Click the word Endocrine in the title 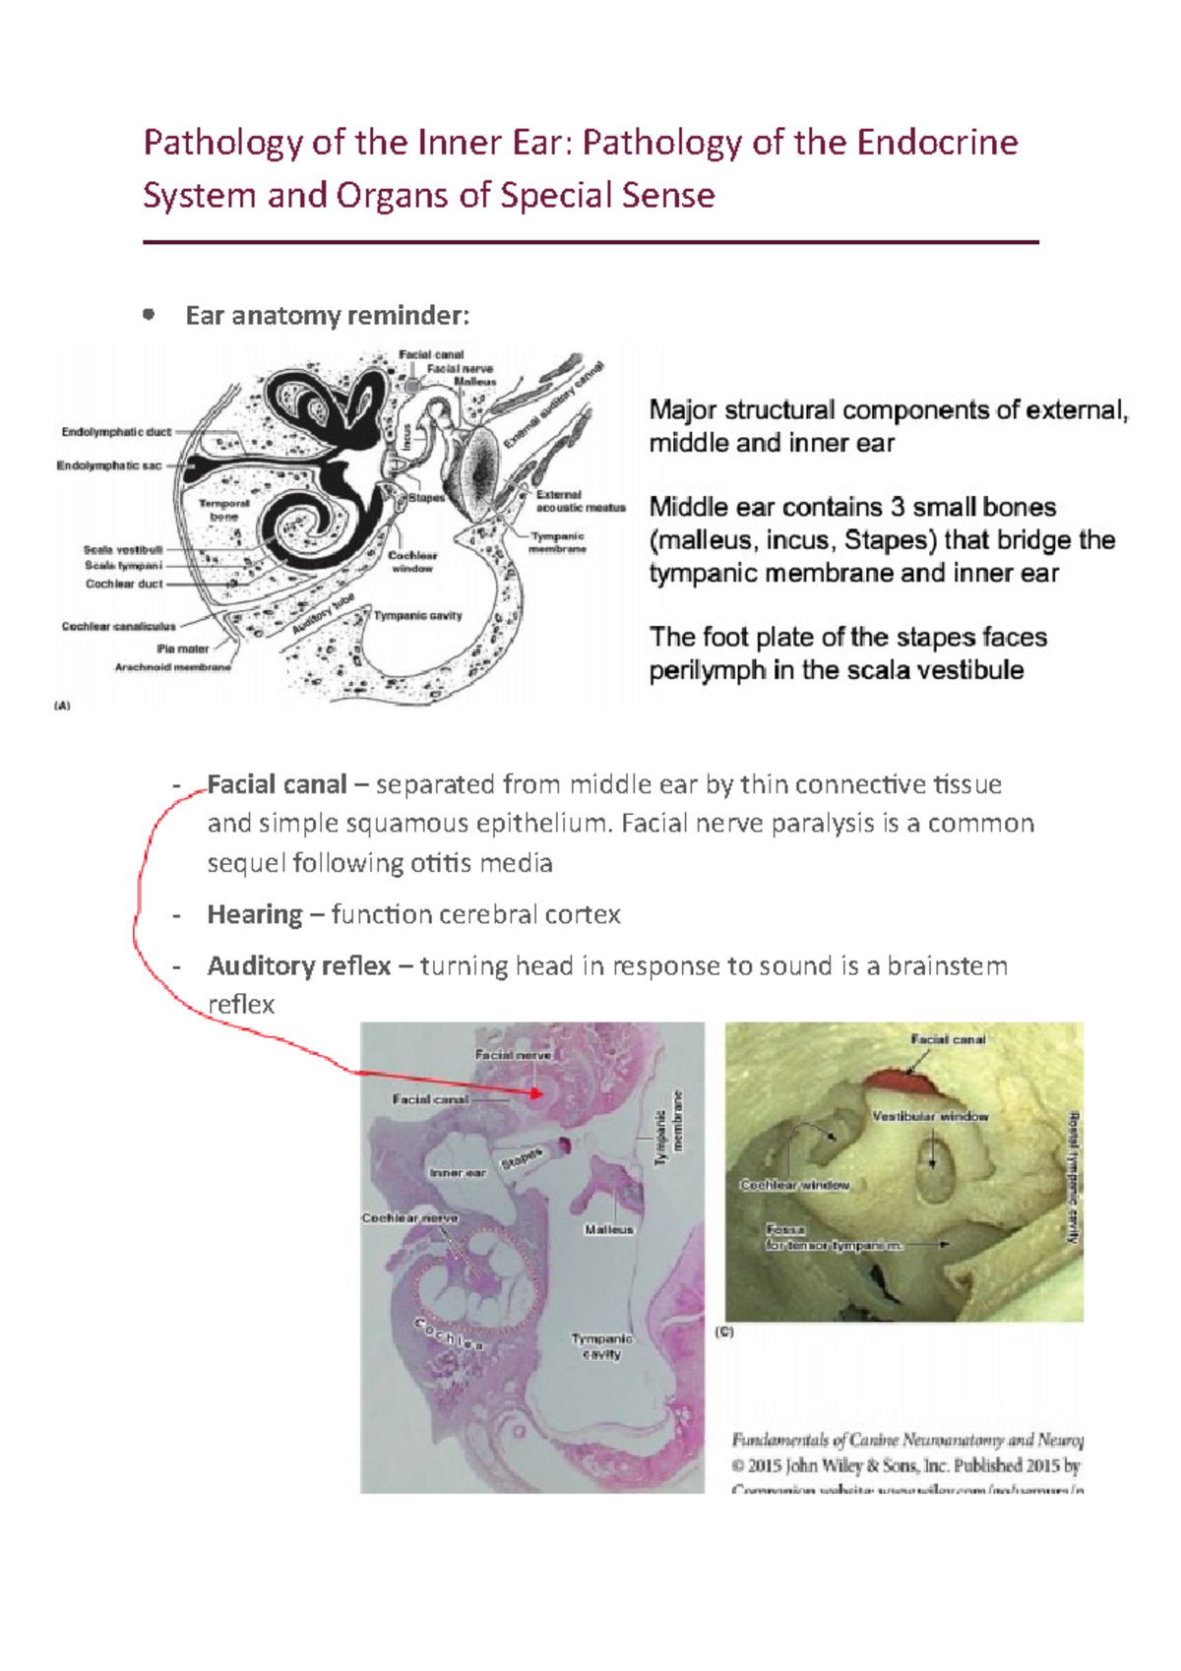coord(937,143)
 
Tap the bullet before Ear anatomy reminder coord(149,315)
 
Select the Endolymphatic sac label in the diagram coord(109,465)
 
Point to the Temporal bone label coord(224,509)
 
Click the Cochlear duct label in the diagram coord(124,584)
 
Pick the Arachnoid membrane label coord(173,667)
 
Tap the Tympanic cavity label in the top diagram coord(418,616)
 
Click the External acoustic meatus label coord(580,501)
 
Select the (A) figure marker coord(62,706)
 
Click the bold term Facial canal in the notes coord(277,785)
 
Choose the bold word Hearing coord(255,915)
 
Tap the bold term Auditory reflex coord(298,966)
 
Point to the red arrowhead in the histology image coord(535,1092)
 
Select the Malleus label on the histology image coord(609,1230)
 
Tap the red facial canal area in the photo coord(902,1082)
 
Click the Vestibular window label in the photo coord(930,1117)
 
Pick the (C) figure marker coord(724,1331)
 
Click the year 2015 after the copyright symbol coord(765,1466)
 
